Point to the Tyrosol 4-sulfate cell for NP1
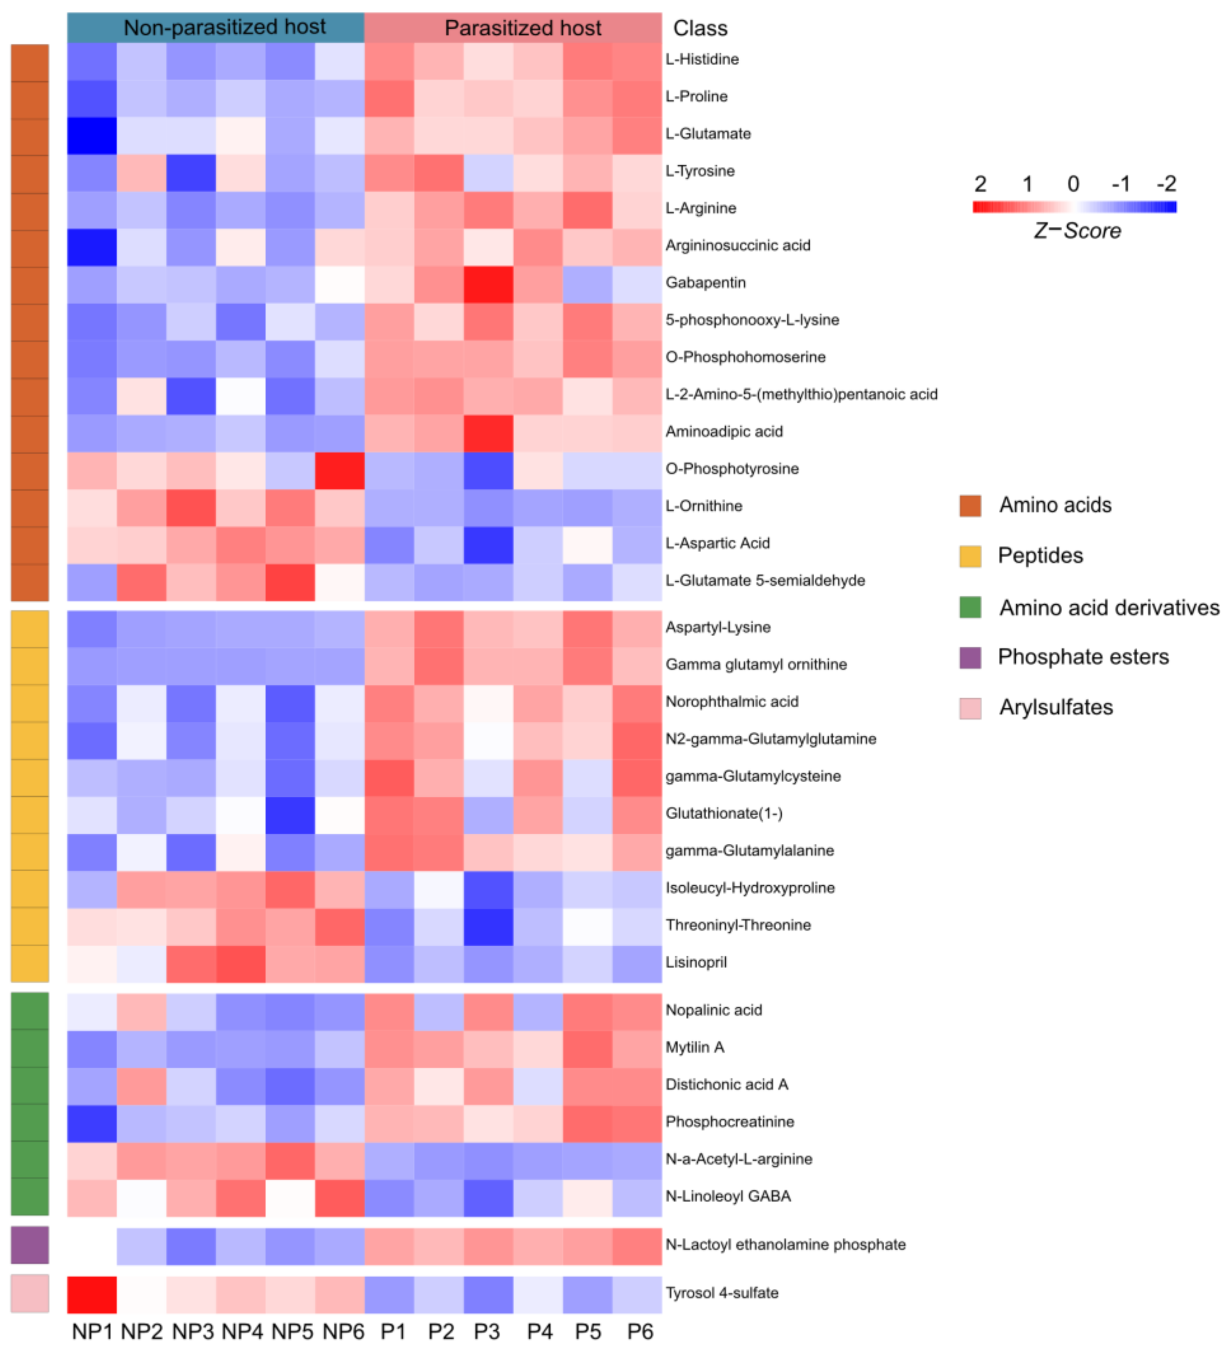coord(92,1294)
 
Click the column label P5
coord(588,1332)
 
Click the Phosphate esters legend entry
coord(1082,657)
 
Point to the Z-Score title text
coord(1076,231)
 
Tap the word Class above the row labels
coord(699,28)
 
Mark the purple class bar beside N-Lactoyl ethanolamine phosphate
coord(30,1245)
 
